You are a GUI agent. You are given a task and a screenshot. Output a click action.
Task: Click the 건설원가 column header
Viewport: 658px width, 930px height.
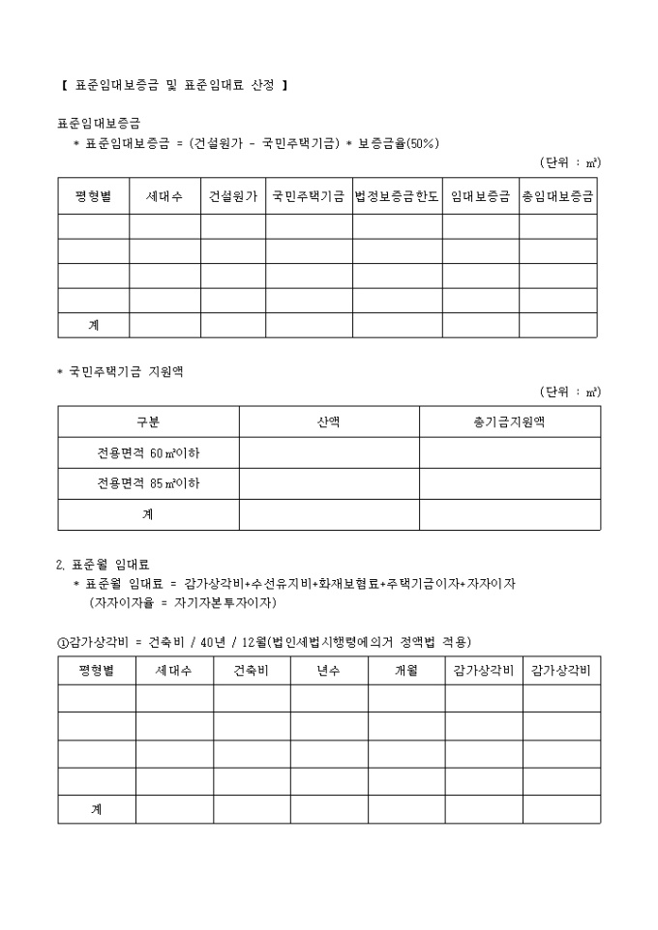click(233, 195)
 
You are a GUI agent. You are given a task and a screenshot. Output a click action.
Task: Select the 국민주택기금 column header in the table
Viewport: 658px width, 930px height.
click(309, 195)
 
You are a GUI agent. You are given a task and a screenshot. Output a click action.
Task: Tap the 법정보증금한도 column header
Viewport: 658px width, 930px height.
click(397, 195)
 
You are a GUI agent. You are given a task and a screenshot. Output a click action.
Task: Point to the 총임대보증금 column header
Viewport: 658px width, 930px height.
click(557, 195)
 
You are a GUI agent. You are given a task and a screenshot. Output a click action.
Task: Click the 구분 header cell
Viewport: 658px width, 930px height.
click(148, 421)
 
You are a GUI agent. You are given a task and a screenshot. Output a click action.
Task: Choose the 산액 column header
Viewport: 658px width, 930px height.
click(329, 421)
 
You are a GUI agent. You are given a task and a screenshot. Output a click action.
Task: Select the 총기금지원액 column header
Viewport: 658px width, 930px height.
click(509, 421)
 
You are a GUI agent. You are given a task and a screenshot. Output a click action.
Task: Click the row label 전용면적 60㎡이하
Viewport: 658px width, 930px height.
click(148, 452)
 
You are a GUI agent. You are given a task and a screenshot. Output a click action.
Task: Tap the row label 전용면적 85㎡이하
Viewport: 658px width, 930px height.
click(148, 483)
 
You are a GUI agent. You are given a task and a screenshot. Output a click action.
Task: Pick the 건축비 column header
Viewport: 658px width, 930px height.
click(252, 671)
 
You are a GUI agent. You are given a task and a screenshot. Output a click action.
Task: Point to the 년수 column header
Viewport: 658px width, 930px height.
click(329, 671)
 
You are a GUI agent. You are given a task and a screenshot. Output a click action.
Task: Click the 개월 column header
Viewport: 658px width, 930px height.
click(406, 671)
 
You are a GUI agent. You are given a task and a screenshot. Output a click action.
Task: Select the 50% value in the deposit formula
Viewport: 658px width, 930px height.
click(423, 143)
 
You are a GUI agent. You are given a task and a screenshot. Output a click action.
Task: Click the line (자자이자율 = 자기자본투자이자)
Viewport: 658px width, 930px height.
click(183, 602)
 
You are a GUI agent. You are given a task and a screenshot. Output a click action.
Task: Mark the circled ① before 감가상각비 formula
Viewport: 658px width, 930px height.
click(63, 643)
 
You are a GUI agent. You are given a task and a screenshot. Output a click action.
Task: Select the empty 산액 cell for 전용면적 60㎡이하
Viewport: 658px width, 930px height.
click(329, 452)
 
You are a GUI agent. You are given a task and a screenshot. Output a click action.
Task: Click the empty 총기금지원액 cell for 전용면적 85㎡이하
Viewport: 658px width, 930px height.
click(509, 483)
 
